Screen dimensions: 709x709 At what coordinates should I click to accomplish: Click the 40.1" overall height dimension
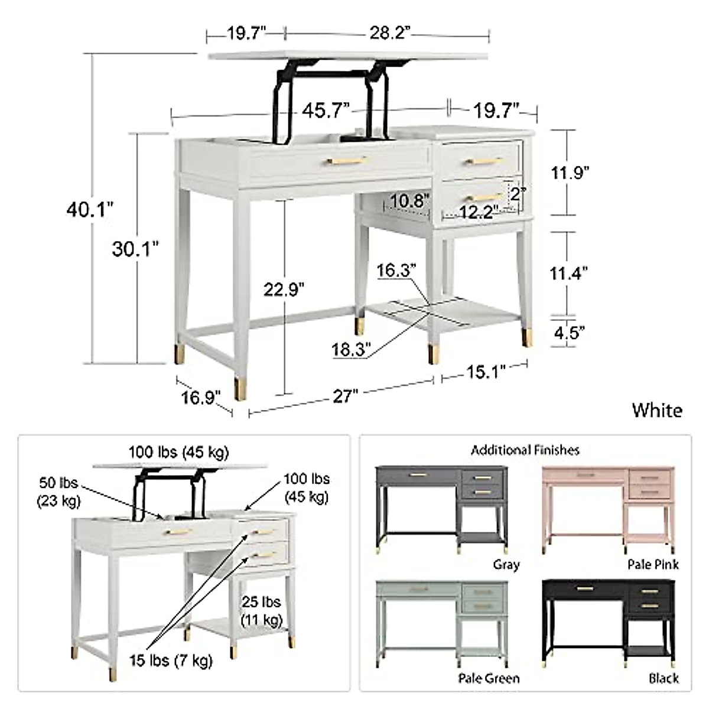[x=89, y=209]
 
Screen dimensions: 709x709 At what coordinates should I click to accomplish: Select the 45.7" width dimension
[x=326, y=110]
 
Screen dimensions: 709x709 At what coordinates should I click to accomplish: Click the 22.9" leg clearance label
[x=284, y=289]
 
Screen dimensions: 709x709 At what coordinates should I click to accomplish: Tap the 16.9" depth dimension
[x=201, y=396]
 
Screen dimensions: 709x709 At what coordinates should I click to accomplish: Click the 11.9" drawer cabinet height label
[x=570, y=173]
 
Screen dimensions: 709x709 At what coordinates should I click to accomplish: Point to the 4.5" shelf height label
[x=568, y=332]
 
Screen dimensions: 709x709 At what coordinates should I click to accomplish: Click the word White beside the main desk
[x=657, y=410]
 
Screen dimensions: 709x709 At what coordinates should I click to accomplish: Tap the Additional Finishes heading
[x=525, y=450]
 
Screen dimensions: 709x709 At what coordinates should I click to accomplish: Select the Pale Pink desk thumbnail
[x=609, y=508]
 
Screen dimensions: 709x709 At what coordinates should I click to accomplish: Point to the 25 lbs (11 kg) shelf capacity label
[x=261, y=611]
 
